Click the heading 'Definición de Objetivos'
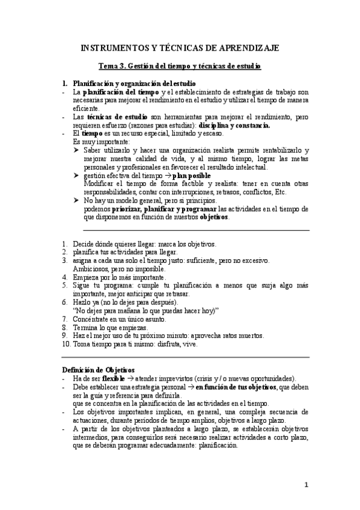click(99, 369)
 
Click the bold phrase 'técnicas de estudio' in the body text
click(113, 117)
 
